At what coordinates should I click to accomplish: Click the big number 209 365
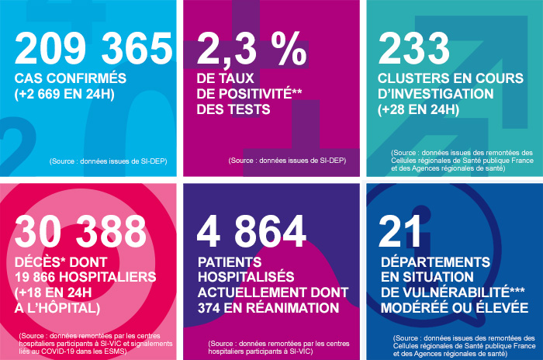(93, 49)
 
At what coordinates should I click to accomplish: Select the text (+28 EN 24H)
(417, 109)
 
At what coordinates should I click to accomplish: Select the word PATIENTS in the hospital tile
(230, 261)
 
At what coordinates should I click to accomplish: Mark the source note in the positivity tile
(286, 161)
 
